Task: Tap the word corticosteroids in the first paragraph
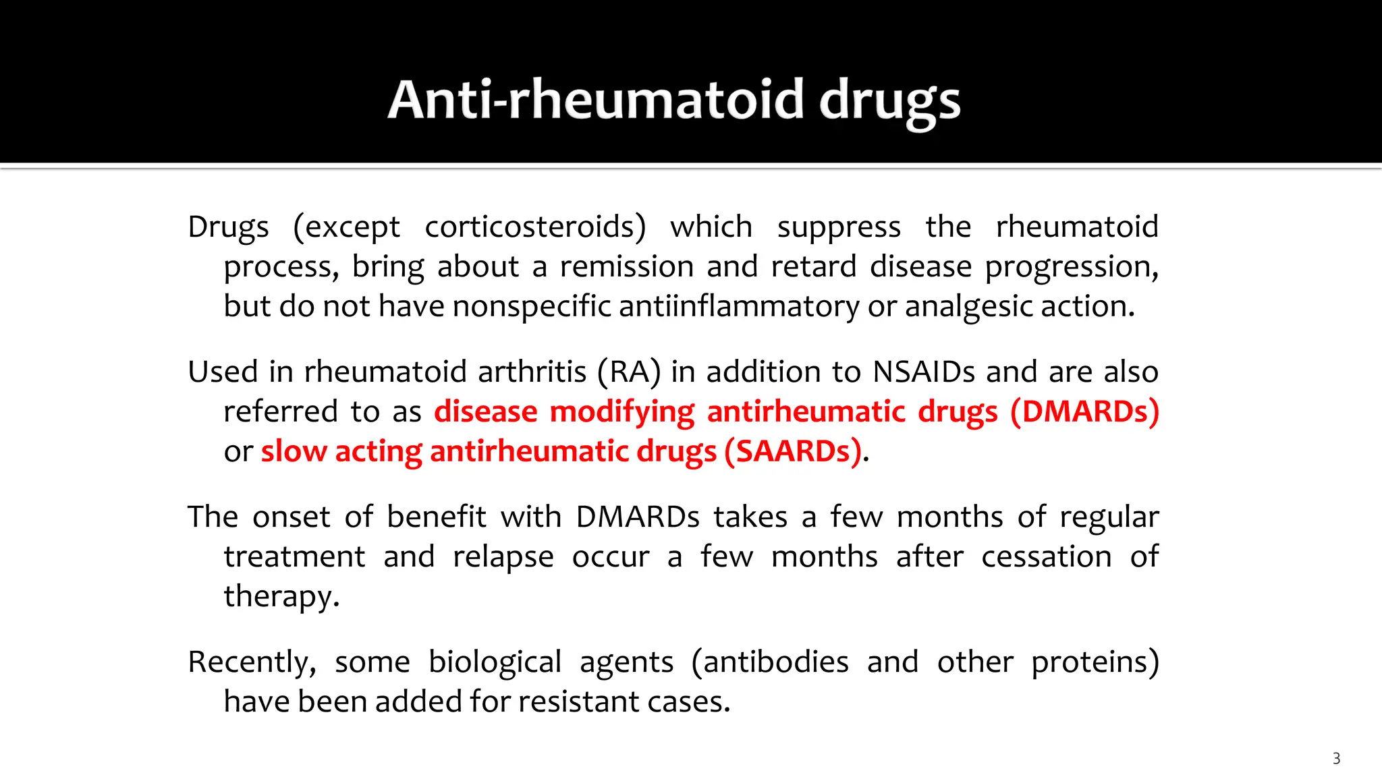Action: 535,227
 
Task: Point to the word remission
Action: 627,266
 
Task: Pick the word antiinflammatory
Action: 739,307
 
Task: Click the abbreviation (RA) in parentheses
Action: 629,372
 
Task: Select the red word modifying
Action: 621,412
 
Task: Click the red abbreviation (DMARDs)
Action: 1084,412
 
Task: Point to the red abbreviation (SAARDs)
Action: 794,451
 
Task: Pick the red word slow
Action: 294,451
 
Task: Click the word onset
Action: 292,517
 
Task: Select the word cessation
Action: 1046,557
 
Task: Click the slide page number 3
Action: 1336,758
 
